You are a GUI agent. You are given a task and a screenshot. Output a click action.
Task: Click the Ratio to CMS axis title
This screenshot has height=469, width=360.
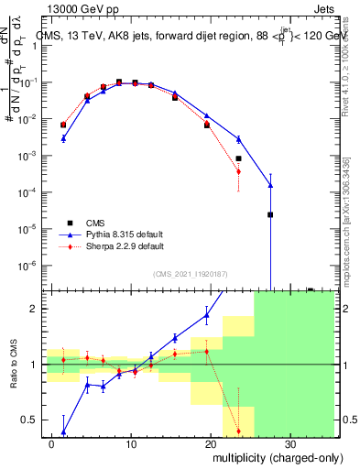[13, 365]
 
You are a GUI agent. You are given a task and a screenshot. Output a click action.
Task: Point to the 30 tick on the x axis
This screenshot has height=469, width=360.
[289, 442]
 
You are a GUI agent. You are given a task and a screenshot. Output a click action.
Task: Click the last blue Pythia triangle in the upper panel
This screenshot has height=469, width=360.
[270, 186]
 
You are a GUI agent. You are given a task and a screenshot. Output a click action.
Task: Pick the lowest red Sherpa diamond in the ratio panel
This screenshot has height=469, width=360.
[238, 431]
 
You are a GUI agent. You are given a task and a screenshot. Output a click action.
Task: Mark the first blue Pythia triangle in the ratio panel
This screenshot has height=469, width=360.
[63, 432]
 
